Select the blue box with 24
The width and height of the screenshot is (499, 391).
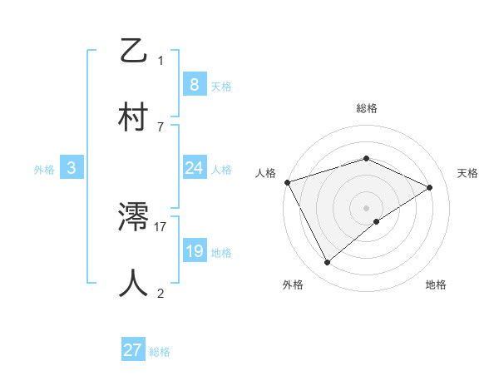(x=194, y=168)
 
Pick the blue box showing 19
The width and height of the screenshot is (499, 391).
(x=194, y=251)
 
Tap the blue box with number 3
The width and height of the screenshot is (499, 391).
(x=72, y=168)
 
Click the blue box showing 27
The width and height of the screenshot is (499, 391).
(x=133, y=350)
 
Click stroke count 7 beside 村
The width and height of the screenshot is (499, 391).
(x=161, y=126)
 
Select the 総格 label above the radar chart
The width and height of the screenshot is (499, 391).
(x=366, y=108)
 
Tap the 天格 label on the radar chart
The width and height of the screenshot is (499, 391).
(x=467, y=173)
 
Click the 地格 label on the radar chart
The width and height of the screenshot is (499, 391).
(x=436, y=285)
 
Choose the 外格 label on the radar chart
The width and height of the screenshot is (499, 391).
(x=292, y=285)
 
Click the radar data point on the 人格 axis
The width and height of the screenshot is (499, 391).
(x=287, y=182)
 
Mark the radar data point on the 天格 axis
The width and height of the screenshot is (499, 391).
(x=430, y=187)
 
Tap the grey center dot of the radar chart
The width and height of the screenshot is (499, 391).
(x=366, y=207)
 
